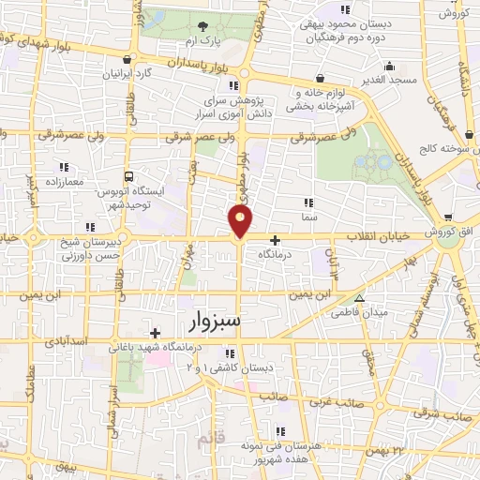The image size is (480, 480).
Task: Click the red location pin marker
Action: [241, 221]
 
